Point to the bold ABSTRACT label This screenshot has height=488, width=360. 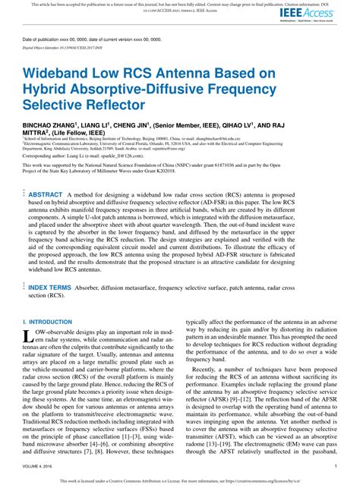click(46, 195)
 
